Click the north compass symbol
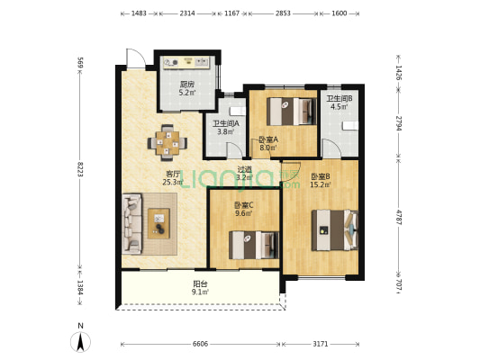tap(80, 338)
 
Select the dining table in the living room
tap(168, 143)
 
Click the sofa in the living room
tap(132, 224)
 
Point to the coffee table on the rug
tap(158, 223)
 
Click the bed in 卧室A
tap(292, 112)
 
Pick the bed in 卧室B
tap(335, 230)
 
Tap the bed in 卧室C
tap(254, 245)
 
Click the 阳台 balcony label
tap(200, 284)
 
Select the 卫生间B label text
tap(340, 98)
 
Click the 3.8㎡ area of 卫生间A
tap(226, 131)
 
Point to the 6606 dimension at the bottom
tap(200, 344)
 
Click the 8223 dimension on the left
tap(80, 169)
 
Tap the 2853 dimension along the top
tap(283, 13)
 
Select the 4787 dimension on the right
tap(398, 217)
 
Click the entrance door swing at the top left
tap(135, 58)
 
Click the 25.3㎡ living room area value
tap(173, 183)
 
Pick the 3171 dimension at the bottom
tap(321, 344)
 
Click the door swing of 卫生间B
tap(331, 148)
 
